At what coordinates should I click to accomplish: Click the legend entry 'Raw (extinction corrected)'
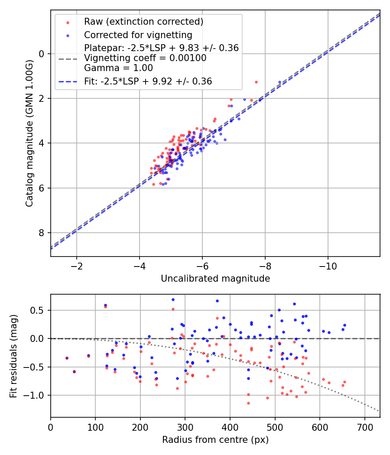(x=143, y=22)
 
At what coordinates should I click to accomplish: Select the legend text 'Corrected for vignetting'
(x=138, y=35)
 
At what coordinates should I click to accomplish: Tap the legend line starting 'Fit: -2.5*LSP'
(x=148, y=81)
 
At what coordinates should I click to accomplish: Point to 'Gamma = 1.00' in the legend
(x=118, y=68)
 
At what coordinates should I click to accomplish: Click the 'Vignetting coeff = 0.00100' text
(x=145, y=58)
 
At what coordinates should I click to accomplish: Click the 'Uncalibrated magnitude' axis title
(x=215, y=279)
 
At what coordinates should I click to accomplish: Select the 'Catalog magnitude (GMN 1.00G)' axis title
(x=29, y=133)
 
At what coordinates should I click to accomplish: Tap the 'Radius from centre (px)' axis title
(x=215, y=440)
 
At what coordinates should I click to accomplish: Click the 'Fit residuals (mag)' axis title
(x=13, y=356)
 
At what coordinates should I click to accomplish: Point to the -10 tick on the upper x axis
(x=328, y=266)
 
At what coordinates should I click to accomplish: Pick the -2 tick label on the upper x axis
(x=77, y=266)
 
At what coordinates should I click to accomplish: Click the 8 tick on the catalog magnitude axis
(x=42, y=233)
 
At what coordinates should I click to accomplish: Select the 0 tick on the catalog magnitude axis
(x=42, y=54)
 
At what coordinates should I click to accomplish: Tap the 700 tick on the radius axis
(x=365, y=427)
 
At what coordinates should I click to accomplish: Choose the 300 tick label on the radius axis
(x=185, y=427)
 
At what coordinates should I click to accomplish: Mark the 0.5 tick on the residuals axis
(x=37, y=310)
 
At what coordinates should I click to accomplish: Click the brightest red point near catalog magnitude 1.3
(x=256, y=82)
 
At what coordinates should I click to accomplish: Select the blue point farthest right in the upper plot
(x=280, y=82)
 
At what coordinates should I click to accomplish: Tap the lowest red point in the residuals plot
(x=248, y=403)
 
